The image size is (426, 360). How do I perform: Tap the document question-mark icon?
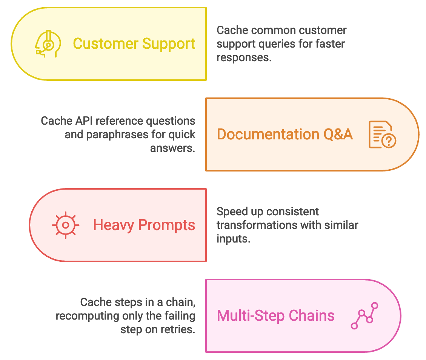381,134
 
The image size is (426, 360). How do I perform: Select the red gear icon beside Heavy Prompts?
66,225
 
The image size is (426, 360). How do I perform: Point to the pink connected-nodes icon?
364,316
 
